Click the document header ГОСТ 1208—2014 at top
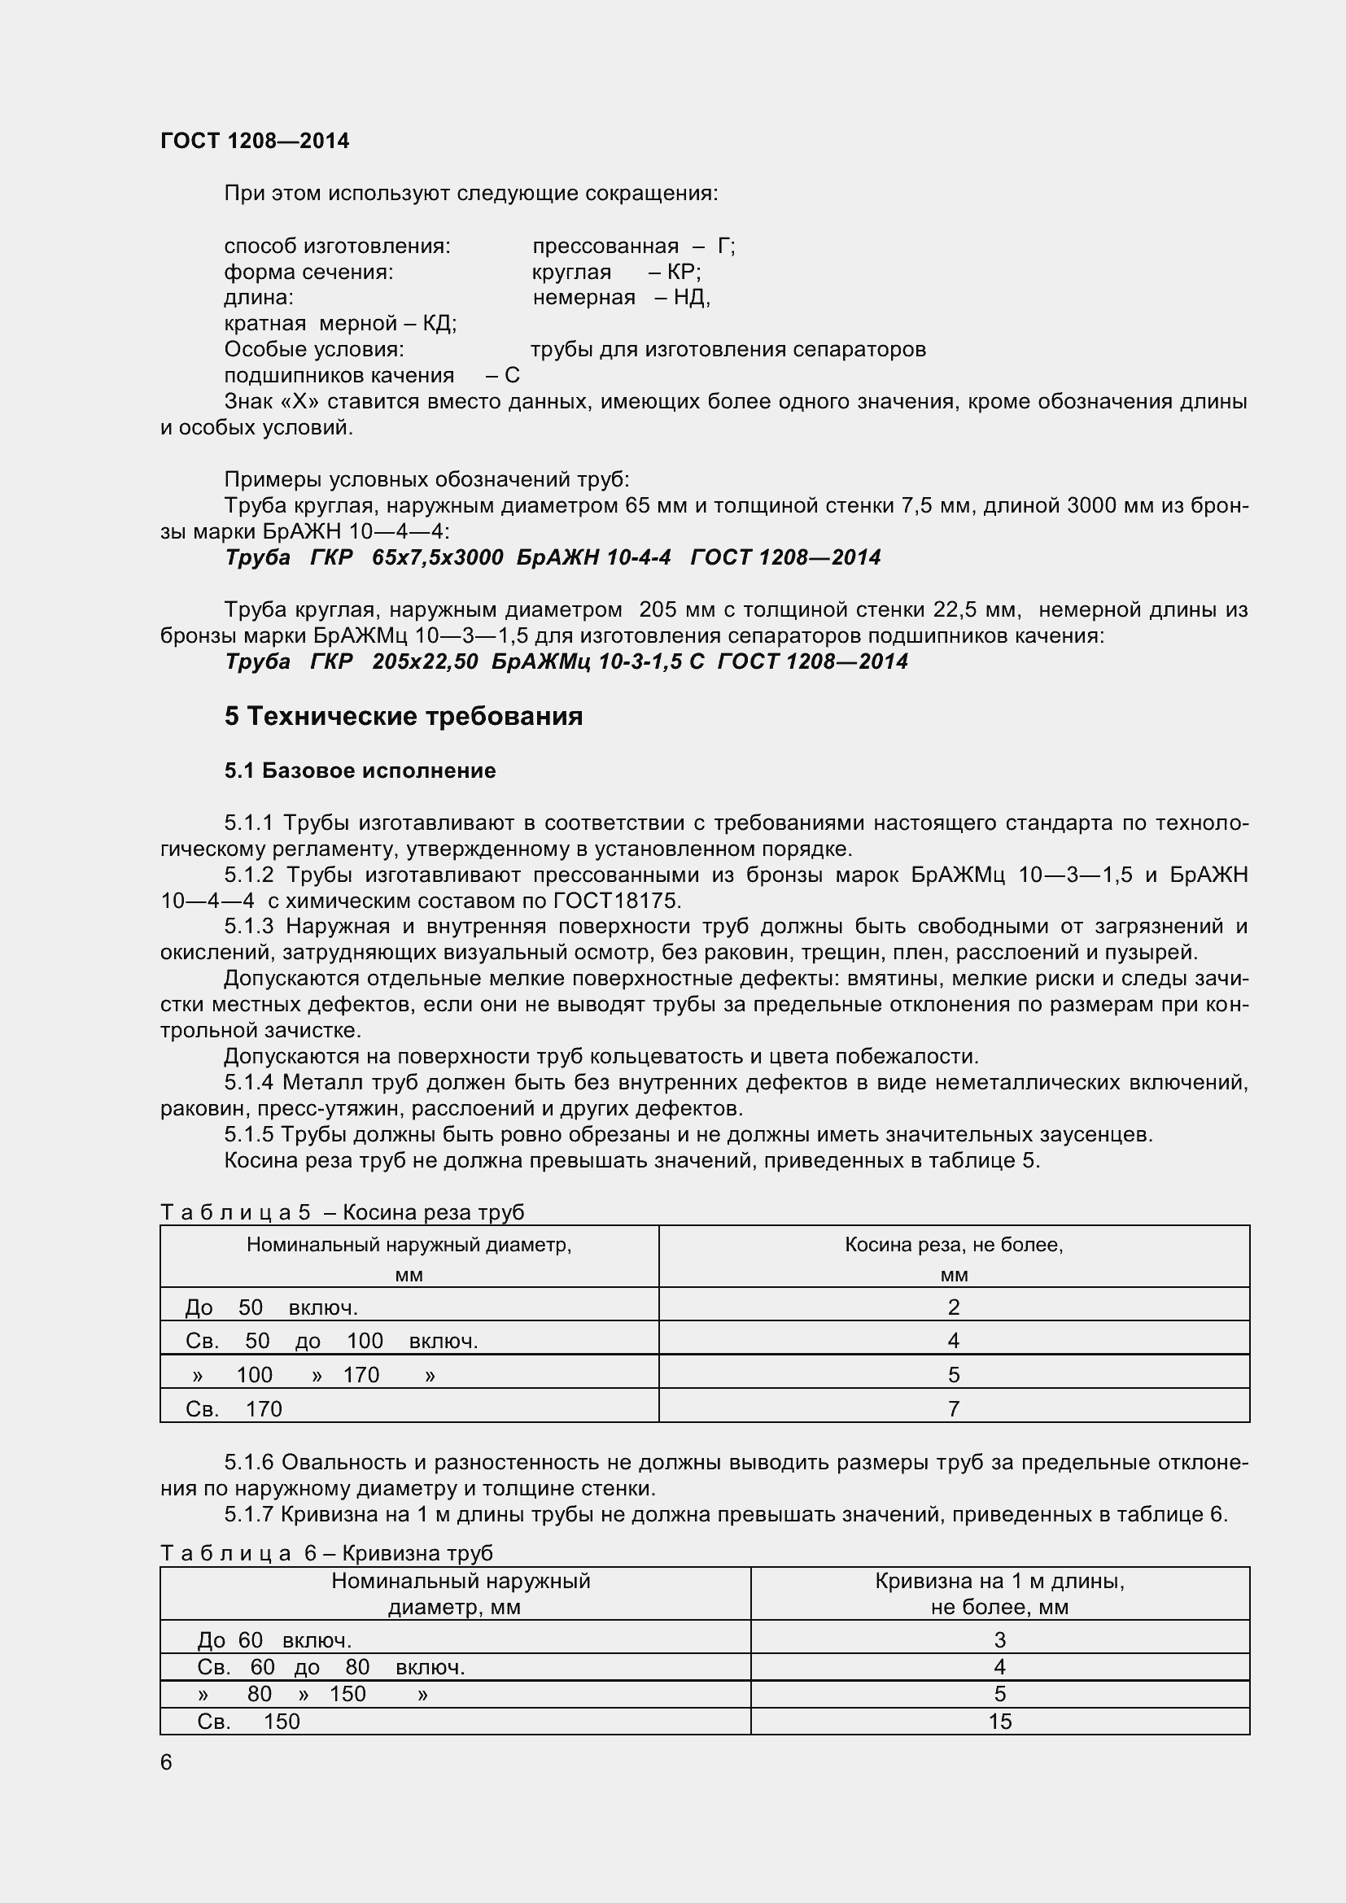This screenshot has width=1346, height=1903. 255,141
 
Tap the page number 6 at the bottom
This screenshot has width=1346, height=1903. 166,1762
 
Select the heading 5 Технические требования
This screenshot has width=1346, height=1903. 403,716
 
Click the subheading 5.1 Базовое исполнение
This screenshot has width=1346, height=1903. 360,770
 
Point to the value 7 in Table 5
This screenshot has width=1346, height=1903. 953,1409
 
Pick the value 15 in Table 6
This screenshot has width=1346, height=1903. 999,1722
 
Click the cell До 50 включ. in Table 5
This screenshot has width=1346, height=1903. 271,1308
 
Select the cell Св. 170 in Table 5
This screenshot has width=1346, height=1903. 234,1409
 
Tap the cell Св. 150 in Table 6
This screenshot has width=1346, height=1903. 248,1722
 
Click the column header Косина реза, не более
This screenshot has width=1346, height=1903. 953,1245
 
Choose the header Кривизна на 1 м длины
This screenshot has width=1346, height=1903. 999,1582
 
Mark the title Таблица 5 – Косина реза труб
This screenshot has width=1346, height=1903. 342,1212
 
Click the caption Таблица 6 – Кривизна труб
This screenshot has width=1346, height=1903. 326,1552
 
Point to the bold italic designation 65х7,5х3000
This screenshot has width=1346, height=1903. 437,557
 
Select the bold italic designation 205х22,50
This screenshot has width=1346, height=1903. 424,661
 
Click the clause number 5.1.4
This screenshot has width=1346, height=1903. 250,1082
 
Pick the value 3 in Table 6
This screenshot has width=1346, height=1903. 999,1640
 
